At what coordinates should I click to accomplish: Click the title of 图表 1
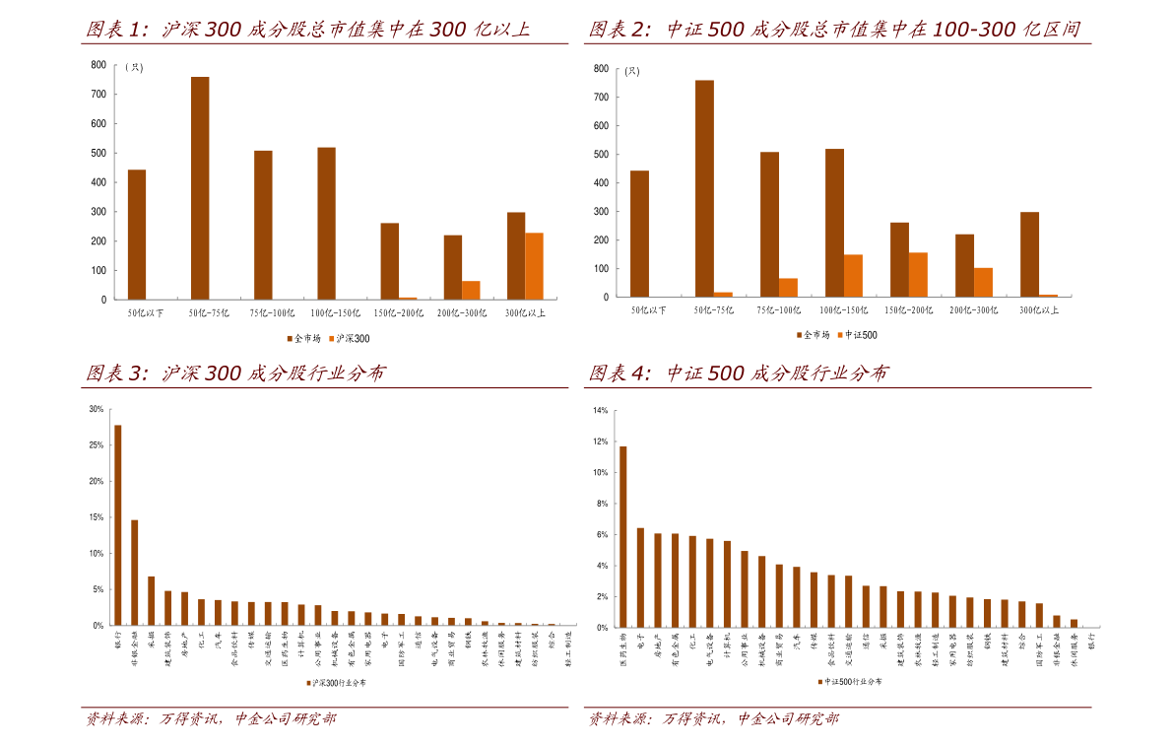pos(307,30)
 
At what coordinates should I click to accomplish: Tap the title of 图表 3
pos(234,373)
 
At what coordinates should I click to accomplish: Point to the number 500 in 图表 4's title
pos(725,373)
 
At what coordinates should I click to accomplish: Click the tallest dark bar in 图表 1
pos(200,187)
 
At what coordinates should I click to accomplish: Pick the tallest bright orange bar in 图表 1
pos(534,265)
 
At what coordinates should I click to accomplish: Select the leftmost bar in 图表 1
pos(137,234)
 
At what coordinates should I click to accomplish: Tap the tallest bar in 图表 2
pos(704,187)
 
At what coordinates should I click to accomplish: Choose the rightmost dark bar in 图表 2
pos(1030,253)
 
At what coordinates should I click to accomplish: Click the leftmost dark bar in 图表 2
pos(639,233)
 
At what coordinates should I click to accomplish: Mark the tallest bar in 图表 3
pos(118,524)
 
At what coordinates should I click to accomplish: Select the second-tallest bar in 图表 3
pos(135,572)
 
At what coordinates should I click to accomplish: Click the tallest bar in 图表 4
pos(623,536)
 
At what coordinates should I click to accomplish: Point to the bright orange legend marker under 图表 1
pos(332,338)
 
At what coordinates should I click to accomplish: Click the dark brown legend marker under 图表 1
pos(290,338)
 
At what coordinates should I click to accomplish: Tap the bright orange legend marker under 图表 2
pos(840,335)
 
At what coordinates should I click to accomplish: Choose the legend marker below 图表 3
pos(308,683)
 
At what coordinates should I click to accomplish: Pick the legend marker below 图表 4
pos(819,682)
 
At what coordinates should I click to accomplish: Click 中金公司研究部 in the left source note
pos(285,719)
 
